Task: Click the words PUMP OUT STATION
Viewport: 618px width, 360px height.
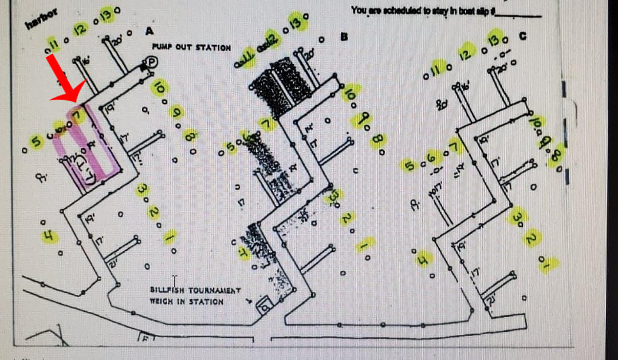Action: pyautogui.click(x=191, y=48)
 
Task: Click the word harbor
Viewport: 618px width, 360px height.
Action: pyautogui.click(x=38, y=21)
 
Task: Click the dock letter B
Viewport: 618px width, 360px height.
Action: pyautogui.click(x=344, y=38)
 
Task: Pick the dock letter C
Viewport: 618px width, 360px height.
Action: pyautogui.click(x=522, y=36)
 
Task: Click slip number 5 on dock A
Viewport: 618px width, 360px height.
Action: pyautogui.click(x=36, y=141)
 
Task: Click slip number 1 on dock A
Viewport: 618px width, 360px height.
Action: pyautogui.click(x=170, y=237)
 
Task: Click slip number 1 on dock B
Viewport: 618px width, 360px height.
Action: pyautogui.click(x=364, y=245)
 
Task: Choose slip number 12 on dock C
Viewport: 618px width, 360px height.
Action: pyautogui.click(x=467, y=55)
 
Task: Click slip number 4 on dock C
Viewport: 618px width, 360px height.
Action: pyautogui.click(x=423, y=259)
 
